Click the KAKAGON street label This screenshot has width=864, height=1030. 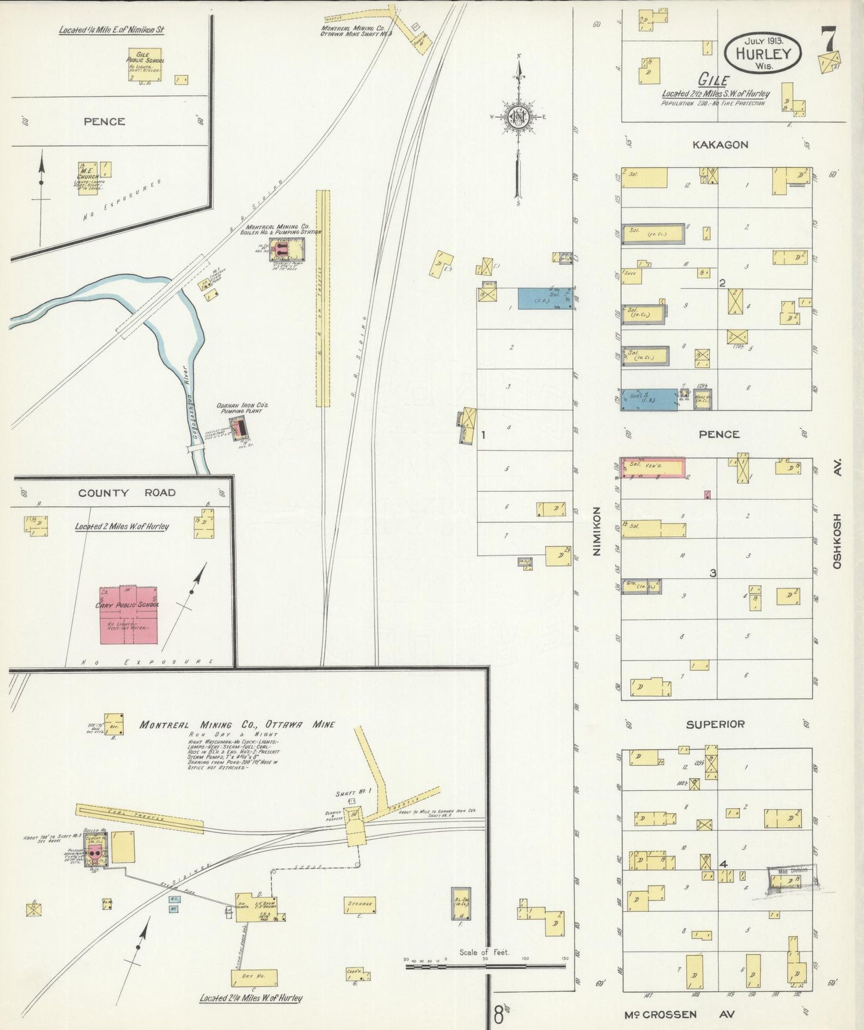[720, 145]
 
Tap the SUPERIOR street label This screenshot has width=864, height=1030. [715, 724]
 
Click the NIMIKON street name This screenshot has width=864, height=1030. [596, 531]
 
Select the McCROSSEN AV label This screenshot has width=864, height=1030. [679, 1014]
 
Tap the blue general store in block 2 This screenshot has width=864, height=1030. [648, 398]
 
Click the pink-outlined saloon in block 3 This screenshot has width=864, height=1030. [653, 467]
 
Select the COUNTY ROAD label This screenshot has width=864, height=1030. [127, 493]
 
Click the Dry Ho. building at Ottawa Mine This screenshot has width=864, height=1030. [254, 978]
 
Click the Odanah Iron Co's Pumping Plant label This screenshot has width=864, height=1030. [242, 408]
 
